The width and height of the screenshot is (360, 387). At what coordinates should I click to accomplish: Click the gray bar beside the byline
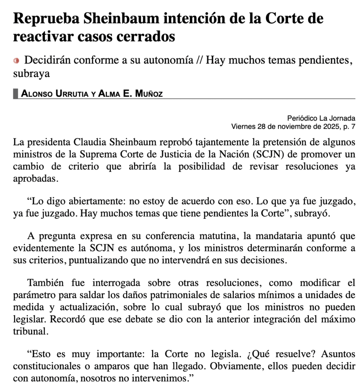[15, 93]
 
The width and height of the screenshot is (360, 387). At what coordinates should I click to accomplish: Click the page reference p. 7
[350, 126]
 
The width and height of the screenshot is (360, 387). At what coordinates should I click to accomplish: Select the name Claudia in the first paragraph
[92, 142]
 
